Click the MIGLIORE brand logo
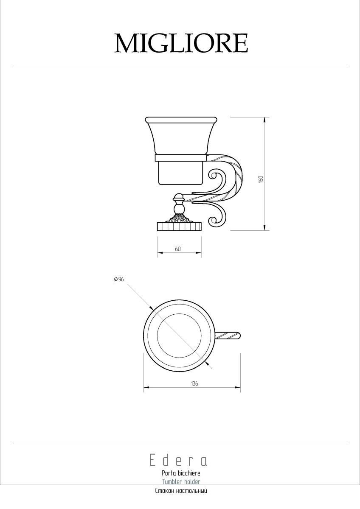tap(181, 43)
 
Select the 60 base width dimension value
tap(178, 249)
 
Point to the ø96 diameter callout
tap(119, 279)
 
